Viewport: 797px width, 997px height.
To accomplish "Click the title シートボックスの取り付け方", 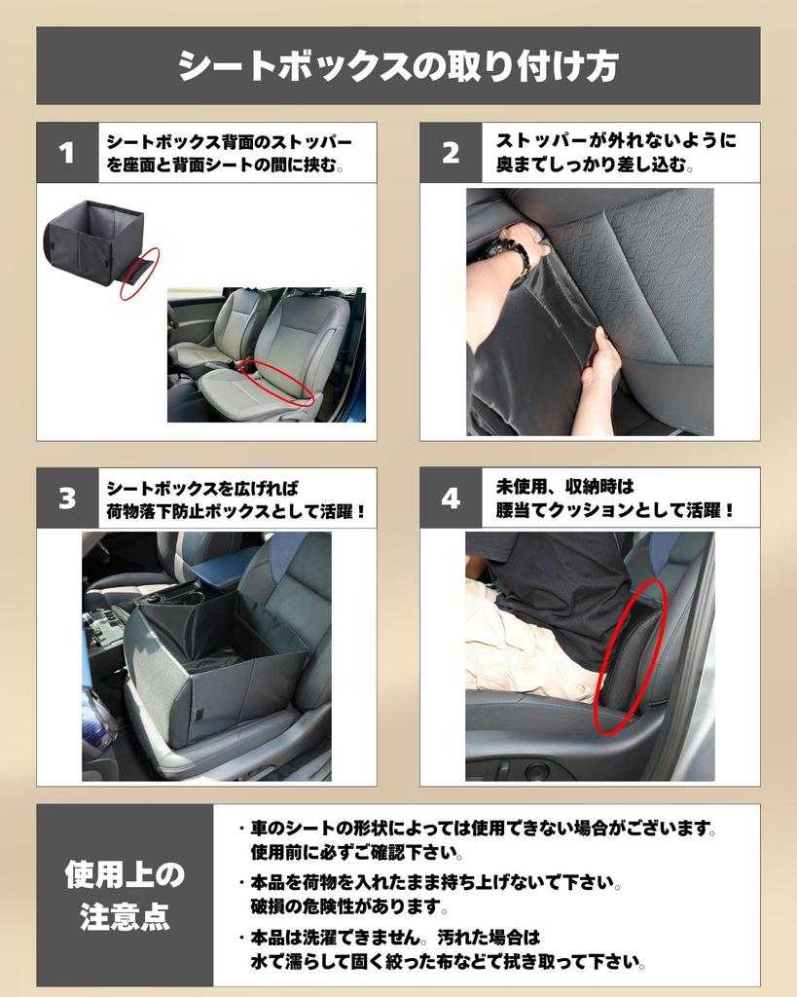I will coord(398,66).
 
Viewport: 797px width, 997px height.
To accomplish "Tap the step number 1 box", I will coord(66,153).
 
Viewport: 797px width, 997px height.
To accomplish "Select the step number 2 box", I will coord(450,153).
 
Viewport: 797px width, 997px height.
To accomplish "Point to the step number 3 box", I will coord(66,498).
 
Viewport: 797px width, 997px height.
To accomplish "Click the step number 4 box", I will coord(450,498).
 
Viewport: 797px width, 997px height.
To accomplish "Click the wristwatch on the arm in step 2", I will coord(512,257).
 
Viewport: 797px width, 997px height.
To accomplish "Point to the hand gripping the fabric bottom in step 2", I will coord(601,362).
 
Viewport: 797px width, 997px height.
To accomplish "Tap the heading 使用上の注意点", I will coord(124,895).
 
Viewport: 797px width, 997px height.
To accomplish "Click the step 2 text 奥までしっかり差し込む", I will coord(595,166).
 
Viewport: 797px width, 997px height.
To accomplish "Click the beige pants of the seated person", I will coord(516,643).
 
